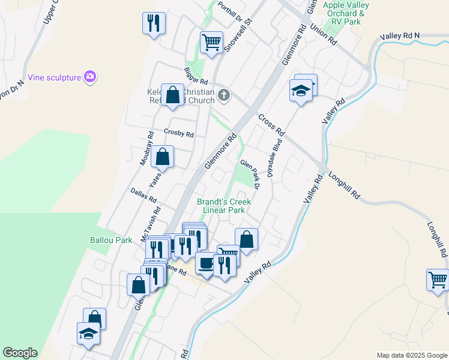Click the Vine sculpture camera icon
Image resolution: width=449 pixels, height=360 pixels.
[x=90, y=76]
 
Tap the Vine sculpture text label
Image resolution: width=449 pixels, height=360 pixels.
[x=54, y=77]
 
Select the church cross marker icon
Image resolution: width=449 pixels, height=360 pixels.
[x=224, y=94]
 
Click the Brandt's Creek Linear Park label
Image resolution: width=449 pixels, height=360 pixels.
[x=224, y=206]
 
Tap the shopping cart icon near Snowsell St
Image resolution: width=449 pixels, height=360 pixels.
[x=211, y=43]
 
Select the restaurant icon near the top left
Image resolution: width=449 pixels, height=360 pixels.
[x=154, y=23]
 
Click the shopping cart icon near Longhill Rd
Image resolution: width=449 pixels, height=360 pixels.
[x=438, y=279]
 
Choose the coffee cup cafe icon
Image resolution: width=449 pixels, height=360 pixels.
[x=206, y=263]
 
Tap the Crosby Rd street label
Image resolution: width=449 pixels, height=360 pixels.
[x=179, y=134]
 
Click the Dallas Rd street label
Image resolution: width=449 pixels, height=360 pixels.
[x=143, y=195]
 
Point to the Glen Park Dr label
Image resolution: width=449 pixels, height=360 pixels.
[x=250, y=174]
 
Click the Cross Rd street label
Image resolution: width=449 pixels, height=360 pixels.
[x=271, y=123]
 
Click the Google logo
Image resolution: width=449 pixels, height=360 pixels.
[x=20, y=353]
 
